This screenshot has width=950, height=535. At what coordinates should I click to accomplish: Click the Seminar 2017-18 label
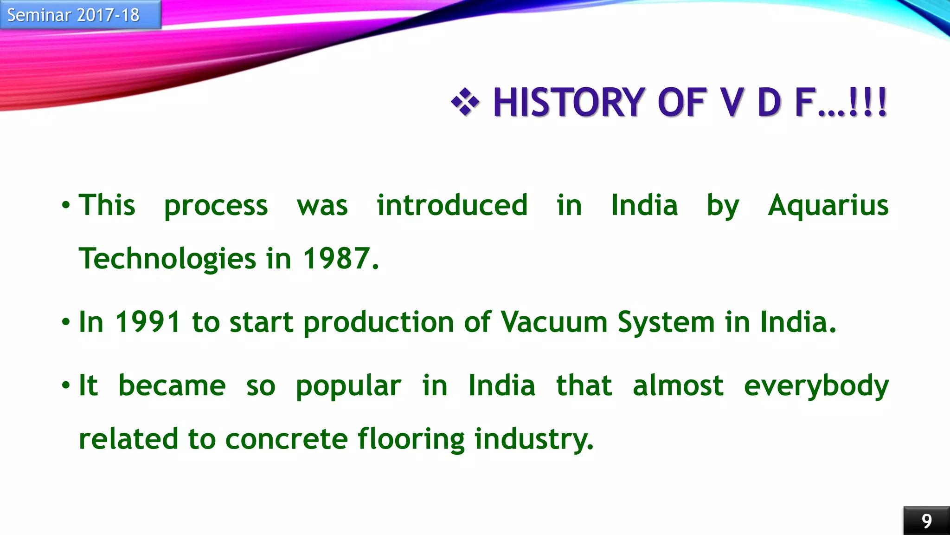pos(73,15)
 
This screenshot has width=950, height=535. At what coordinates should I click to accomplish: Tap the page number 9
pos(926,521)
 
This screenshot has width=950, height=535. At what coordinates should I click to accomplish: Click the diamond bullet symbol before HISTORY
pos(465,102)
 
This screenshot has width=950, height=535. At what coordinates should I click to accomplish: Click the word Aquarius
pos(828,205)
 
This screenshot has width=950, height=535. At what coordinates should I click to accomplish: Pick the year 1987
pos(340,259)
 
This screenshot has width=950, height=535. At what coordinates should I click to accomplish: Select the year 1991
pos(148,322)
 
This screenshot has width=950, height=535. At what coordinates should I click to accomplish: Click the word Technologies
pos(167,259)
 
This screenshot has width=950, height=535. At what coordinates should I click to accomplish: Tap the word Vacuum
pos(554,322)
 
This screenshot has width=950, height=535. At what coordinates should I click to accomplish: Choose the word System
pos(666,322)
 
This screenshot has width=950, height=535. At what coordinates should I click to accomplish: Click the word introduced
pos(452,205)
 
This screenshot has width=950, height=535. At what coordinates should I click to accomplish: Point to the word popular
pos(348,386)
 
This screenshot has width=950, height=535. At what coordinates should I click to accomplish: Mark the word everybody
pos(816,386)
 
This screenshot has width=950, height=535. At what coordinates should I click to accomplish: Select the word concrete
pos(286,439)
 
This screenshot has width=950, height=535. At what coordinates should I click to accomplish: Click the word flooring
pos(411,439)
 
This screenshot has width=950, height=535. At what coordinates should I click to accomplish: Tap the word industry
pos(533,439)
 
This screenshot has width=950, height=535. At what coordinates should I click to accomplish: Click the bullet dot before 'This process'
pos(66,205)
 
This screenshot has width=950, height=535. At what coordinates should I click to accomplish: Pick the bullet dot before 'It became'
pos(66,385)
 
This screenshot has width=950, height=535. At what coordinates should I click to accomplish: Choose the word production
pos(379,322)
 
